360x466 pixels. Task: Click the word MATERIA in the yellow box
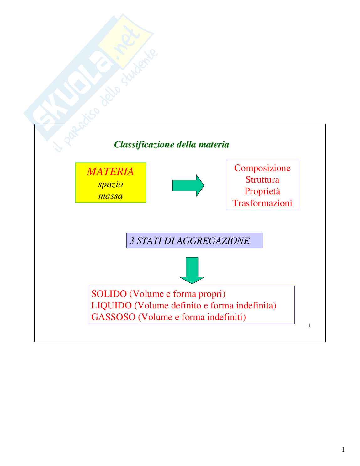pyautogui.click(x=110, y=172)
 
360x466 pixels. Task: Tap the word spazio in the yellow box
pyautogui.click(x=110, y=184)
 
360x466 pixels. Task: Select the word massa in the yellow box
pyautogui.click(x=110, y=196)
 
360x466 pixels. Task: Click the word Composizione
pyautogui.click(x=262, y=168)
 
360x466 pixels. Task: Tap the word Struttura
pyautogui.click(x=262, y=180)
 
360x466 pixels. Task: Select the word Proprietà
pyautogui.click(x=262, y=191)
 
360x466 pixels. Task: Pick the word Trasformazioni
pyautogui.click(x=262, y=203)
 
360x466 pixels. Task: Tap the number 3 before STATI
pyautogui.click(x=132, y=241)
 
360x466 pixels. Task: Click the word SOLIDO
pyautogui.click(x=109, y=294)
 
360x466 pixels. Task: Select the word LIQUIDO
pyautogui.click(x=111, y=306)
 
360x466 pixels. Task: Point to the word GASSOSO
pyautogui.click(x=113, y=317)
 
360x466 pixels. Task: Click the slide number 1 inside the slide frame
pyautogui.click(x=309, y=326)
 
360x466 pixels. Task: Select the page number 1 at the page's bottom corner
pyautogui.click(x=343, y=449)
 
